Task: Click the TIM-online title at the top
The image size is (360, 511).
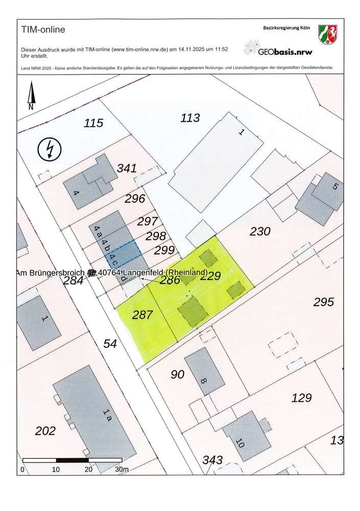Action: click(x=43, y=30)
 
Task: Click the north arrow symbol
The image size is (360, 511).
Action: click(x=31, y=97)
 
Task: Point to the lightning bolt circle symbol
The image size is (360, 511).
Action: click(x=50, y=149)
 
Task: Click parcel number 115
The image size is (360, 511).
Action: click(x=93, y=123)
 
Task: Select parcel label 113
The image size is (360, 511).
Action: click(x=190, y=119)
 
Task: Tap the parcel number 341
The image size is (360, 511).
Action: click(x=127, y=168)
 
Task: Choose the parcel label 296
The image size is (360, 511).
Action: click(x=135, y=199)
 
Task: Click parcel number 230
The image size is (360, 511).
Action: click(x=260, y=231)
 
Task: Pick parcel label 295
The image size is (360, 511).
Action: click(x=323, y=302)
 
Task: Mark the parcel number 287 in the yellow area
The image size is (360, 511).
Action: click(x=142, y=315)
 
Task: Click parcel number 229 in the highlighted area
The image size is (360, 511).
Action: click(x=210, y=277)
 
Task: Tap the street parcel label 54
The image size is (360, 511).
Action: click(x=110, y=343)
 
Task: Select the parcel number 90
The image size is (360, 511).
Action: click(x=177, y=375)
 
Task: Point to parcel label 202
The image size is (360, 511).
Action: click(x=45, y=431)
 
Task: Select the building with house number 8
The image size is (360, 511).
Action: click(x=204, y=371)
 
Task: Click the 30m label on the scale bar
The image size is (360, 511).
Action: click(x=122, y=470)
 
